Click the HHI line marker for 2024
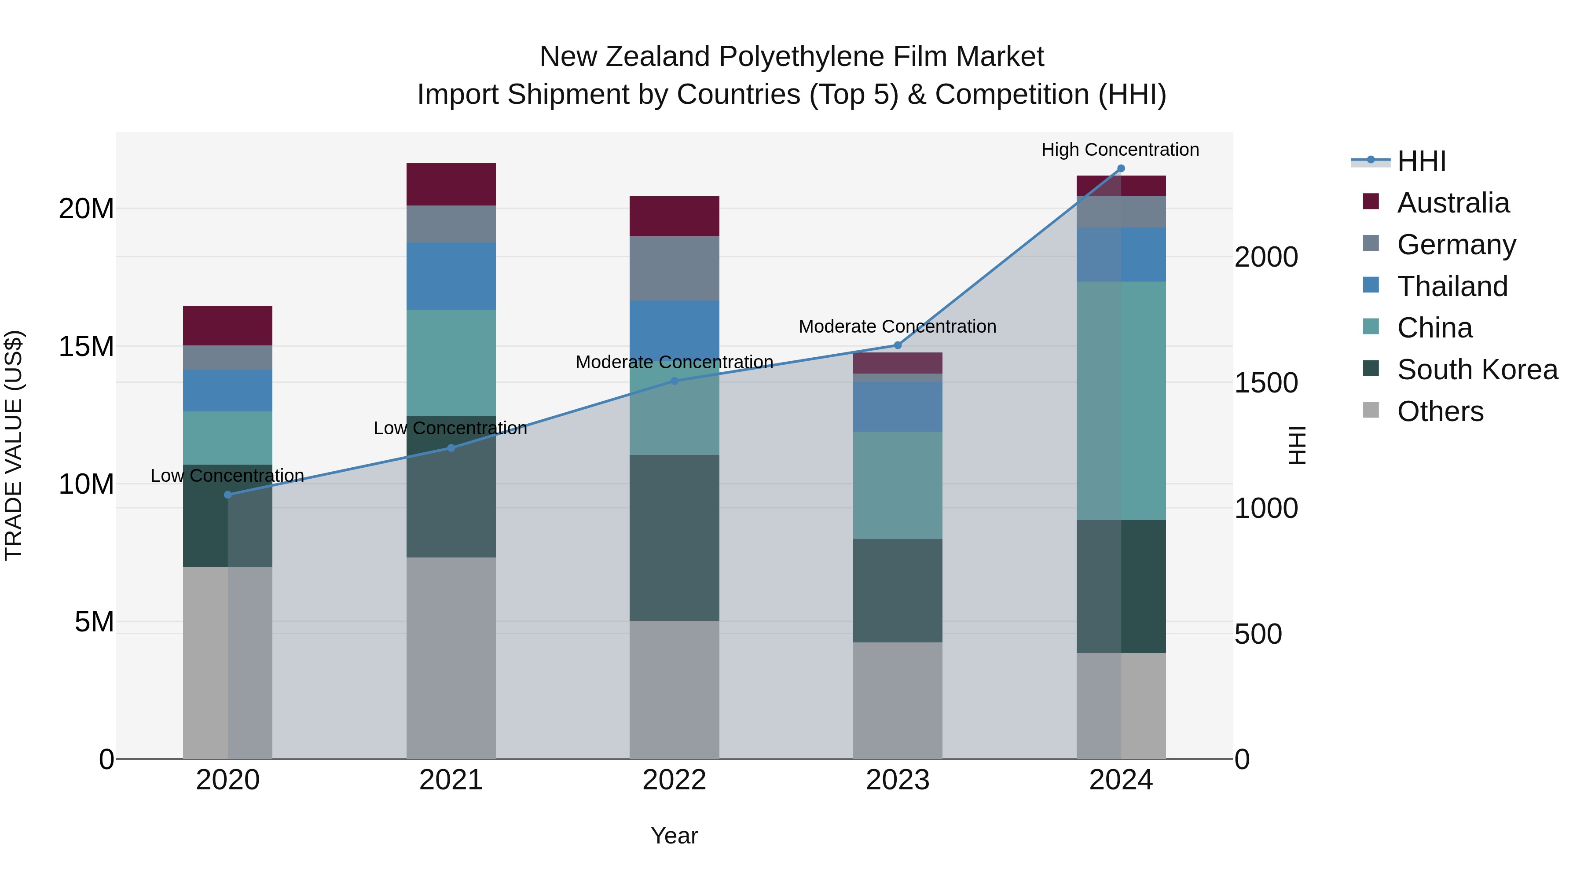tap(1120, 169)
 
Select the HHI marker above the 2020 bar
tap(227, 495)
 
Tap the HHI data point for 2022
tap(674, 381)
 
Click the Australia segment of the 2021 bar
tap(451, 184)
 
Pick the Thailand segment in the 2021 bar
tap(451, 276)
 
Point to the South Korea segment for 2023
tap(897, 591)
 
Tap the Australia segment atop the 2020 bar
tap(227, 326)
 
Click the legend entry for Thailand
tap(1452, 286)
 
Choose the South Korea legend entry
tap(1477, 370)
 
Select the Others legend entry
tap(1440, 411)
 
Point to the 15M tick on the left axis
tap(86, 347)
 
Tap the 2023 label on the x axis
tap(897, 780)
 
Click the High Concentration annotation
tap(1120, 150)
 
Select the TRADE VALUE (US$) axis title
tap(14, 445)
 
